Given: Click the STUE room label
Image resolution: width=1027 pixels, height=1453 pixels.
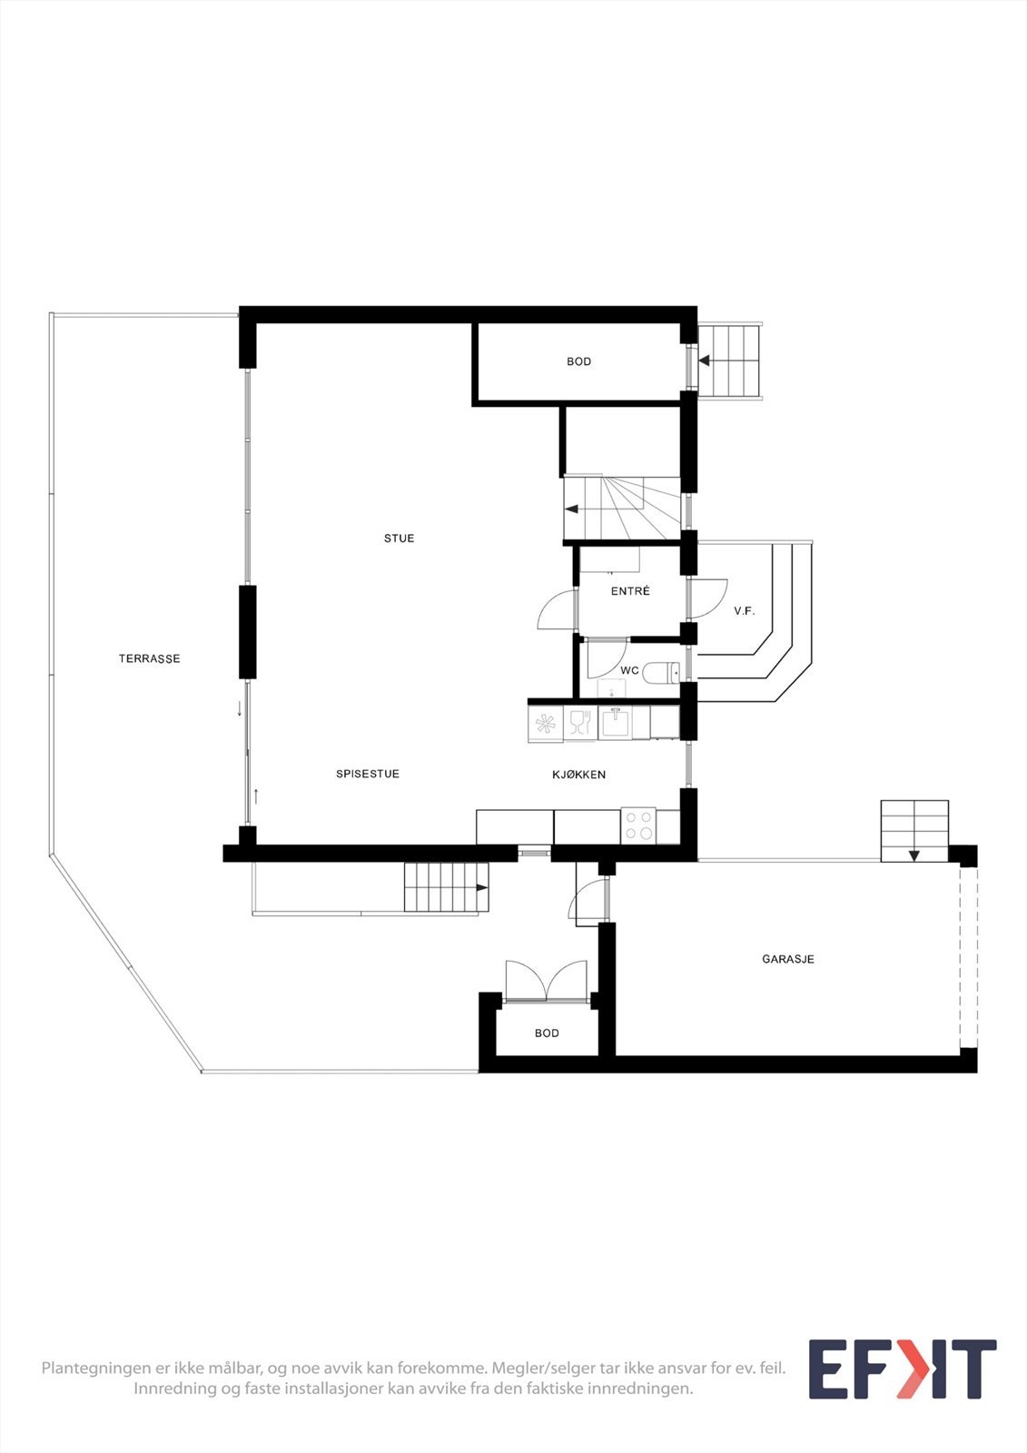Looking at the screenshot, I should (x=399, y=539).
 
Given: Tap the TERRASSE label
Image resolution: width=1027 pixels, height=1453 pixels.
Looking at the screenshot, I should (x=149, y=658).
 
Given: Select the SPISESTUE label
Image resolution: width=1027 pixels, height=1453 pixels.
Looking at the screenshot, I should (x=368, y=774).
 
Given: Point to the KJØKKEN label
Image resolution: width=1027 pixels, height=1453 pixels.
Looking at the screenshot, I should (x=578, y=775).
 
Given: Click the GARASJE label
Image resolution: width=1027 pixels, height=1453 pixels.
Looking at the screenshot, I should (x=787, y=959).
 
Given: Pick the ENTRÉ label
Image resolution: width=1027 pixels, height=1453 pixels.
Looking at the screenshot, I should (x=630, y=591).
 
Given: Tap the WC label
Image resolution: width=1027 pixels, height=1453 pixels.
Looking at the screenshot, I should (x=629, y=671).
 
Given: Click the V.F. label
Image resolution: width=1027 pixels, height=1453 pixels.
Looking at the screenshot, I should (x=745, y=611).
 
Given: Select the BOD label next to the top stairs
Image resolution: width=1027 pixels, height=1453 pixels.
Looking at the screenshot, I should (x=578, y=361).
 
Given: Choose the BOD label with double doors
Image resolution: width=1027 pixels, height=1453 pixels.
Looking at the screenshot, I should (x=547, y=1033).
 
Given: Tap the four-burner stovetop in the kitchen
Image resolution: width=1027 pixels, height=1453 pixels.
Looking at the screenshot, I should (x=638, y=825).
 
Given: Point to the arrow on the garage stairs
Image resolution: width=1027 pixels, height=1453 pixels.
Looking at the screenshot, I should (x=913, y=855).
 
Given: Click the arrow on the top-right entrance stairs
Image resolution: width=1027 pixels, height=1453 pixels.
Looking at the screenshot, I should (x=704, y=361).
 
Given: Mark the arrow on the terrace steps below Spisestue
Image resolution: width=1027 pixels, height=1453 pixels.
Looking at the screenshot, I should (x=481, y=887).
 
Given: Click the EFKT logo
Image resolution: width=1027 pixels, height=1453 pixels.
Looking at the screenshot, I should (x=902, y=1369).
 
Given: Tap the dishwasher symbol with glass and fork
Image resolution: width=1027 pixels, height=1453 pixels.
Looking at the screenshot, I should (x=580, y=723).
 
